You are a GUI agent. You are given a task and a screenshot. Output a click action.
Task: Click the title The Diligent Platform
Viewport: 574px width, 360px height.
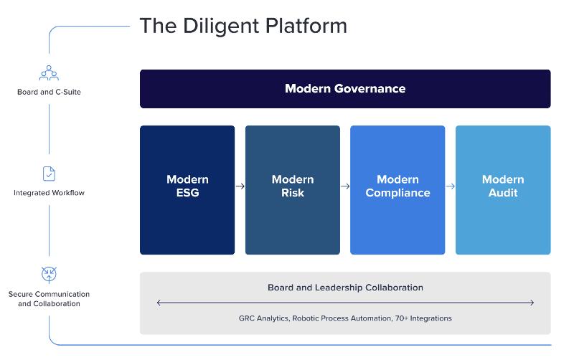point(243,26)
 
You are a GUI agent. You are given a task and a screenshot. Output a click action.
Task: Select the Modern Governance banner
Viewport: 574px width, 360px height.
point(345,89)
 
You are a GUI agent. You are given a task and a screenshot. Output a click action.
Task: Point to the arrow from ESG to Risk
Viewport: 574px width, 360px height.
point(240,186)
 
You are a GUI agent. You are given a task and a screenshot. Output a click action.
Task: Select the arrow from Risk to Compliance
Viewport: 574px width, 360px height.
point(345,186)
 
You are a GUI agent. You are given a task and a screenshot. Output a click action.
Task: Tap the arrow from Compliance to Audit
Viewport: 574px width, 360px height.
point(450,186)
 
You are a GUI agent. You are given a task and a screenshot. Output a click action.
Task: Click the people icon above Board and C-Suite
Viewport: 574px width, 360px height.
point(49,72)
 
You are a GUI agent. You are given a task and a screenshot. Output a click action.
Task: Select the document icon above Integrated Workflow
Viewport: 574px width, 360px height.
point(49,174)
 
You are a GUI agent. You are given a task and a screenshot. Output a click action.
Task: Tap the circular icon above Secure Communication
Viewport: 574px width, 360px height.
point(49,274)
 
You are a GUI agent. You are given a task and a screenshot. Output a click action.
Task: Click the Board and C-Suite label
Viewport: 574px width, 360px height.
point(49,92)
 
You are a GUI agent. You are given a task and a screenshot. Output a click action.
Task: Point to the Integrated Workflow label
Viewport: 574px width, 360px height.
point(49,193)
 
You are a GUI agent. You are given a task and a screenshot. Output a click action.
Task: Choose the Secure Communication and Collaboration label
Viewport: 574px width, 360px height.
point(49,298)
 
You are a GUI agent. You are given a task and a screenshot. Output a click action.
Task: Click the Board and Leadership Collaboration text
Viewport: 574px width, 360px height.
point(345,288)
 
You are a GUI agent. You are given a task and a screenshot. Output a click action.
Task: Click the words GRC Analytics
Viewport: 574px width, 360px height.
point(263,318)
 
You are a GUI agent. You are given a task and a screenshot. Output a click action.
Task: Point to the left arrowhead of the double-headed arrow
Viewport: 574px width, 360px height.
point(159,303)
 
